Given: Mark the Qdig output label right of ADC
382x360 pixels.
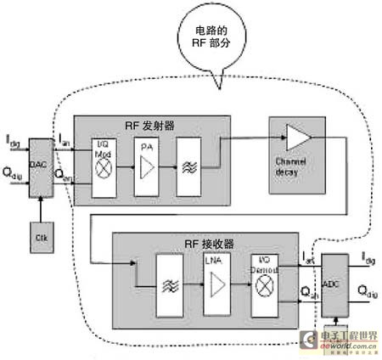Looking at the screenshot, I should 367,294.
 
